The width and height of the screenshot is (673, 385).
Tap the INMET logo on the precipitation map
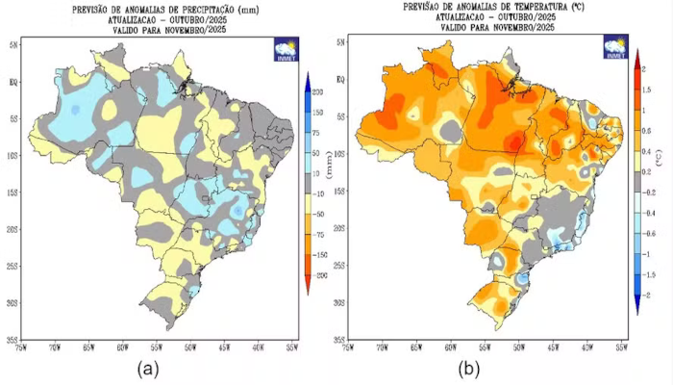tap(286, 49)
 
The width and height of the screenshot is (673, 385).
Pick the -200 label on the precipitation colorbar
tap(316, 274)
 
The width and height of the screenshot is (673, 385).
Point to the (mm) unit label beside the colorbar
tap(328, 171)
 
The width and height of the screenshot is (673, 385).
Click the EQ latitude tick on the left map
tap(14, 82)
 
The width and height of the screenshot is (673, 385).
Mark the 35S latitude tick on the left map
tap(14, 339)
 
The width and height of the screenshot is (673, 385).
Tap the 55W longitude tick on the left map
tap(158, 347)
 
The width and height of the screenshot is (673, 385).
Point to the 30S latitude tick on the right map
tap(339, 302)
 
